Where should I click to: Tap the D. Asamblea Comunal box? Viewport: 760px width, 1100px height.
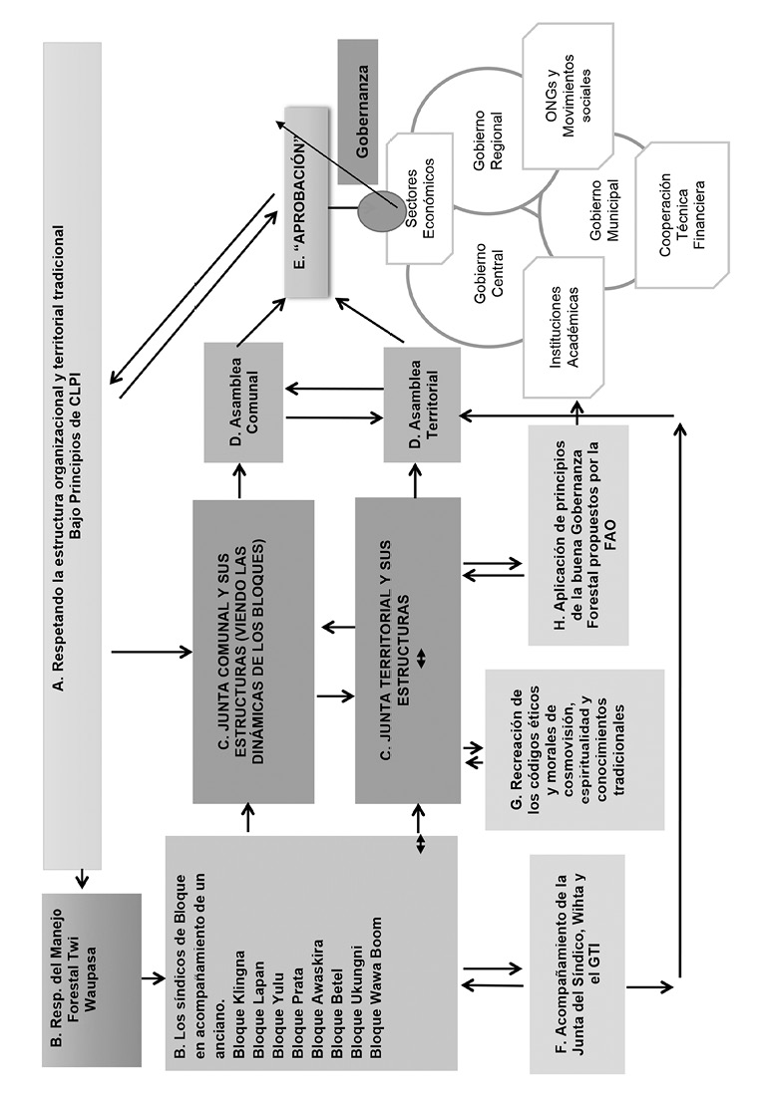tap(244, 403)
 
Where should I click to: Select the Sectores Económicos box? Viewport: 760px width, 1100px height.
tap(422, 197)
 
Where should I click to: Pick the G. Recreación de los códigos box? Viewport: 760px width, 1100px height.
tap(573, 750)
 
